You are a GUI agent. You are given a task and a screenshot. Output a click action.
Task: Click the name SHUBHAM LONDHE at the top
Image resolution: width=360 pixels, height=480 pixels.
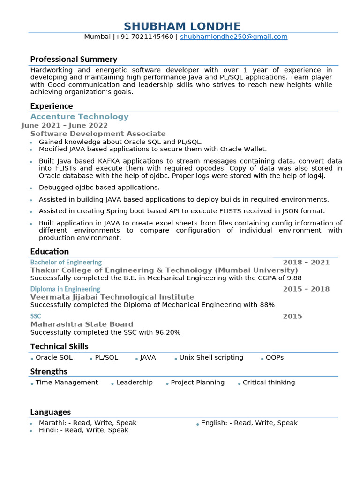(x=182, y=26)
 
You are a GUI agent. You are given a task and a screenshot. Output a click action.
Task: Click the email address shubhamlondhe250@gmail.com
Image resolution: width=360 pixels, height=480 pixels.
(x=233, y=37)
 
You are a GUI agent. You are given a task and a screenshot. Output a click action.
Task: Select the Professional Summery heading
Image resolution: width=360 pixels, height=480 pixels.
(x=74, y=59)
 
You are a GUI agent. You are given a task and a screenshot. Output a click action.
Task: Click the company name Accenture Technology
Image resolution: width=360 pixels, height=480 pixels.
(x=79, y=117)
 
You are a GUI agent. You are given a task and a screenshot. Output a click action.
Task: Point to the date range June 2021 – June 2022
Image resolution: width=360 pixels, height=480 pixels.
(x=65, y=125)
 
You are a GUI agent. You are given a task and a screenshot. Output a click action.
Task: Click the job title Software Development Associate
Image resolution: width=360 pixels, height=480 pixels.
(x=98, y=134)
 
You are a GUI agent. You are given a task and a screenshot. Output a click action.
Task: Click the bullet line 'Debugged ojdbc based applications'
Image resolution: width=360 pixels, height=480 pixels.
(x=99, y=187)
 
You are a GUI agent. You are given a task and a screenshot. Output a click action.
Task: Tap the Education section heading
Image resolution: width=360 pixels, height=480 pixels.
(x=49, y=251)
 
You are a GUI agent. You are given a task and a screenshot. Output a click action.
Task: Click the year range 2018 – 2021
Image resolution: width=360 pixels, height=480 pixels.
(x=306, y=262)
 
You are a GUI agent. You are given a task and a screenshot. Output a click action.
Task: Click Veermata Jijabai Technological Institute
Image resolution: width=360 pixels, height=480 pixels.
(x=112, y=297)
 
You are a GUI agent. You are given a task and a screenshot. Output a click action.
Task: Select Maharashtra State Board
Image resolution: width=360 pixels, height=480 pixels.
(x=82, y=324)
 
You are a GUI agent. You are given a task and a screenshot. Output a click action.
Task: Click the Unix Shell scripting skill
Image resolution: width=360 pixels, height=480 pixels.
(x=211, y=357)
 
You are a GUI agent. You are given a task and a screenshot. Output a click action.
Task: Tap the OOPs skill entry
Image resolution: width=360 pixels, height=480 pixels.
(x=274, y=357)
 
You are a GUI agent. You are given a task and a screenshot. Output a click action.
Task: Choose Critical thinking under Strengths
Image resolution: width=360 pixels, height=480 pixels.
(x=269, y=382)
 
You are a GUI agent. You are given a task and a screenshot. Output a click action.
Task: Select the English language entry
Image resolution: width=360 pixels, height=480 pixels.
(x=249, y=423)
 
